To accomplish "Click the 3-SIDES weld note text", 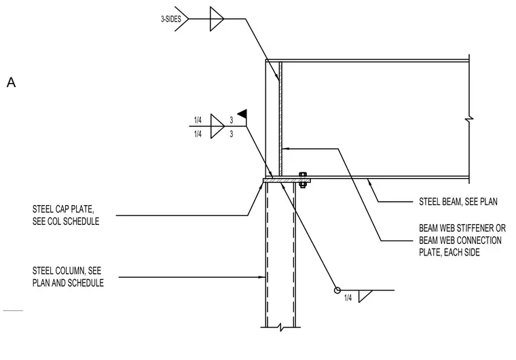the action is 171,19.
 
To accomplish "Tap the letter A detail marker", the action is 11,82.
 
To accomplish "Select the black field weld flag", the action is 242,114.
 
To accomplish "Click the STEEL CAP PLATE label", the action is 65,215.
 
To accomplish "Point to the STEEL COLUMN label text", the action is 68,276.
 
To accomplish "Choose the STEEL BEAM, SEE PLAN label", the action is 458,201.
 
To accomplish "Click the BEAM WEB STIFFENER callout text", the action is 462,240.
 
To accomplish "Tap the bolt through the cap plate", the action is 303,180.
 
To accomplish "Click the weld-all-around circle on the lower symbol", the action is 337,290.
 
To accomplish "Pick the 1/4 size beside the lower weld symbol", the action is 348,298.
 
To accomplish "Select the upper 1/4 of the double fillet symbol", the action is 198,120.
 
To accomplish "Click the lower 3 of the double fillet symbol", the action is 232,134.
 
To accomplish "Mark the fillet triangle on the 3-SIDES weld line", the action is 217,19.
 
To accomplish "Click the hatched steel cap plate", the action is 287,181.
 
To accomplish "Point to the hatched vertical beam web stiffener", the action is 280,119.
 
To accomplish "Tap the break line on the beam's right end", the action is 469,119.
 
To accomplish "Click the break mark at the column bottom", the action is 280,327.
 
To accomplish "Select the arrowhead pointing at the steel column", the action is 262,277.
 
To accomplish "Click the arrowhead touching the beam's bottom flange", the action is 369,181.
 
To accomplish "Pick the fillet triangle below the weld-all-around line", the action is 365,296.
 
